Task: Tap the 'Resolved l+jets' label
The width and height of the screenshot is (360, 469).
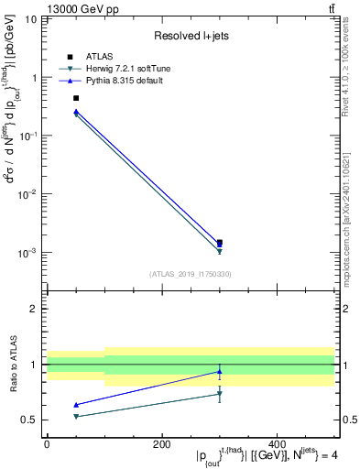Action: point(190,35)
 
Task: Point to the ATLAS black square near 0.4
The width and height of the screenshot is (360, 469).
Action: point(76,98)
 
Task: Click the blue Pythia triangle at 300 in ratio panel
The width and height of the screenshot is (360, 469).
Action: point(219,371)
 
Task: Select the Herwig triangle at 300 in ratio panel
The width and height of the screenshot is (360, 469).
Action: point(219,394)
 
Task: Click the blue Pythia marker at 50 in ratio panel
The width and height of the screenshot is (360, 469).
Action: point(76,405)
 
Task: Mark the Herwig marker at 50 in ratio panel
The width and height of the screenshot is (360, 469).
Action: point(76,416)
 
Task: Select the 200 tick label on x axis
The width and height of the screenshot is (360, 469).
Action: point(161,443)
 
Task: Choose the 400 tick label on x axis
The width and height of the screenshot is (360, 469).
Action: point(277,443)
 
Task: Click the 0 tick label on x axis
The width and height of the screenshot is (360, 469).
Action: point(47,443)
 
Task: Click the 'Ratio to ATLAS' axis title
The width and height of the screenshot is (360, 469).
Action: point(13,365)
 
